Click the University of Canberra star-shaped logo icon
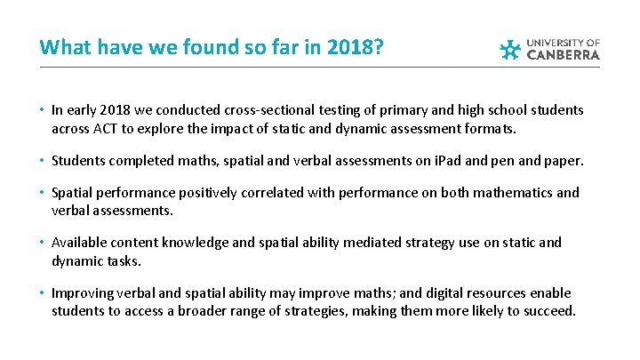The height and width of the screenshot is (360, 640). [x=510, y=49]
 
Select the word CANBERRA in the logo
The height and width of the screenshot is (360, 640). [x=564, y=54]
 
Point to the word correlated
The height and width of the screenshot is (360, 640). [x=269, y=193]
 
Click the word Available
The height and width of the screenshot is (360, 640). [x=77, y=243]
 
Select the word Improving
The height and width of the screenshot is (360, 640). [x=80, y=292]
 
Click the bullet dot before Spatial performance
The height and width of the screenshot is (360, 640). [x=43, y=193]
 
